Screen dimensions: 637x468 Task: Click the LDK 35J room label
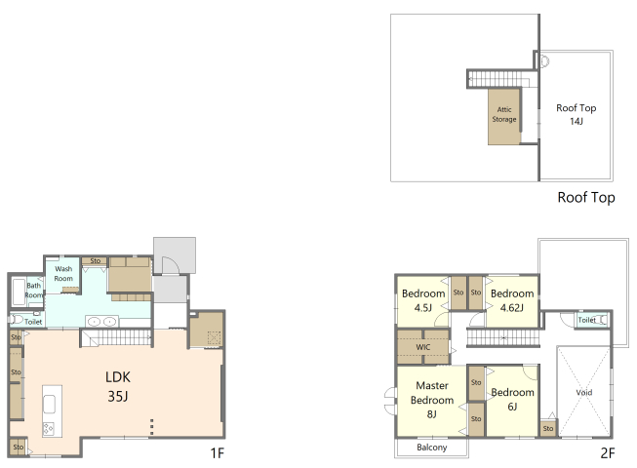click(x=118, y=386)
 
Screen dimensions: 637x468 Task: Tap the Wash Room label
click(x=63, y=274)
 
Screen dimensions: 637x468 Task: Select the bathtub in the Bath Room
click(x=19, y=291)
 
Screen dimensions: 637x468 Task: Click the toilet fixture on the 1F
click(x=17, y=320)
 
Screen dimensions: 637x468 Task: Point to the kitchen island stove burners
click(x=49, y=428)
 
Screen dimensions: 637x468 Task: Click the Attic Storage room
click(x=504, y=116)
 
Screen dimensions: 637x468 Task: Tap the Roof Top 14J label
click(x=577, y=114)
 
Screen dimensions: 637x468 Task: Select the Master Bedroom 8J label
click(x=432, y=400)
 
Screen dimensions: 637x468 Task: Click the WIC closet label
click(x=423, y=347)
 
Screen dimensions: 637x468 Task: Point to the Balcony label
click(x=432, y=448)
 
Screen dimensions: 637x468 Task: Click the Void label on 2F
click(x=584, y=393)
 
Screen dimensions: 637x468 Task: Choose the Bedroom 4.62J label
click(x=512, y=300)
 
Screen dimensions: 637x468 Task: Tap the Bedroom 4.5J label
click(x=423, y=300)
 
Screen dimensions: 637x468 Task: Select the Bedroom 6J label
click(x=512, y=400)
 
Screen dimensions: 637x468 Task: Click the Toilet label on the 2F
click(x=586, y=320)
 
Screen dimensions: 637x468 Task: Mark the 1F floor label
click(x=218, y=453)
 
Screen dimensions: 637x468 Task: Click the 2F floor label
click(x=608, y=453)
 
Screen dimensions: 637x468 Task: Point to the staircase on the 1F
click(x=116, y=337)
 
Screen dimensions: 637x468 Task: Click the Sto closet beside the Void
click(x=548, y=428)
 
